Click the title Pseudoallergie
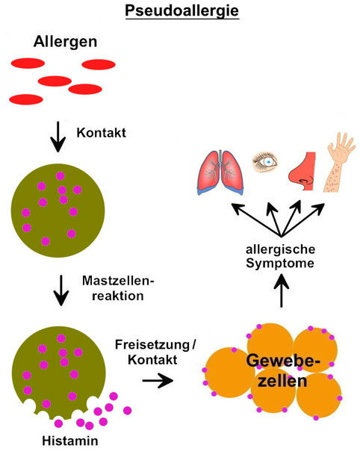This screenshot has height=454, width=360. point(182,12)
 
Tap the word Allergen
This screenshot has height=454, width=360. point(65,42)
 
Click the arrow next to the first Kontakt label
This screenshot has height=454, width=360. point(58,137)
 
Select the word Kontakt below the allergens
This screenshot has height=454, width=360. point(101,133)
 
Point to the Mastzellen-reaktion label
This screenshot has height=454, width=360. point(118,288)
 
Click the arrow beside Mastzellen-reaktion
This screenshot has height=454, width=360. point(61,290)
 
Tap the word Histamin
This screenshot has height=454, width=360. point(70,441)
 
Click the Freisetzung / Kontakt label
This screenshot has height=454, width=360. point(155,352)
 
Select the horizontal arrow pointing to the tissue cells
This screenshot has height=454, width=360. point(158,380)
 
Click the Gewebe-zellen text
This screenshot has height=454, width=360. point(283,371)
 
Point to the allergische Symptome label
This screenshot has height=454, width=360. point(280,257)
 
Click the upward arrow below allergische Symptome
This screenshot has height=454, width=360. point(282,290)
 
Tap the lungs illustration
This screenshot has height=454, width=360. point(220,172)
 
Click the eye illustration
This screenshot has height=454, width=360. point(264,162)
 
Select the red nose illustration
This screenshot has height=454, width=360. point(302,171)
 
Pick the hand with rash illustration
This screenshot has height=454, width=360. point(339,162)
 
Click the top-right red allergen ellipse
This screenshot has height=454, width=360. point(99,64)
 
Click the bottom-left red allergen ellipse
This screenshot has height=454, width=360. point(26,99)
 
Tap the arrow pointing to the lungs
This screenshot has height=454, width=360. point(256,220)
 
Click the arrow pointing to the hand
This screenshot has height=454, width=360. point(303,220)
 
